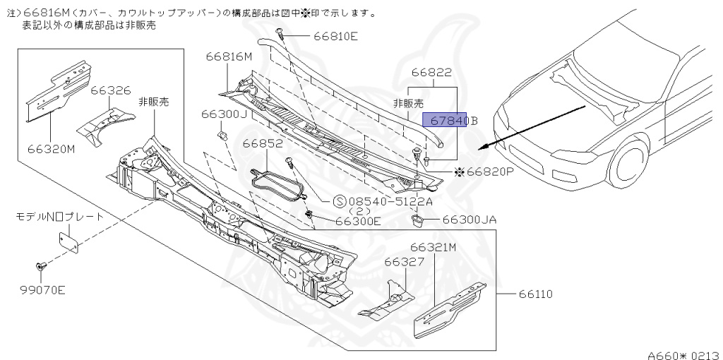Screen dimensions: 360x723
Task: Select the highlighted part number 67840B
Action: coord(450,120)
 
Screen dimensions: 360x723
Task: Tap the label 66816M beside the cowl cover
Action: coord(229,56)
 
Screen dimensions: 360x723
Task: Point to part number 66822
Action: coord(431,73)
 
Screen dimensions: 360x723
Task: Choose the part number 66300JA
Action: coord(470,220)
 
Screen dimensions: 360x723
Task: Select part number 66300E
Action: coord(358,220)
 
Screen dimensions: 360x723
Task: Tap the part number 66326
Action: coord(110,90)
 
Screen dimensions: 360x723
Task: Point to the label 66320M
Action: coord(52,149)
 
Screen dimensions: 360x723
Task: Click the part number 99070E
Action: coord(42,289)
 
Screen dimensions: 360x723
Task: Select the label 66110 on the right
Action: coord(536,294)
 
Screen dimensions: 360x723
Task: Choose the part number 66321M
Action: coord(433,247)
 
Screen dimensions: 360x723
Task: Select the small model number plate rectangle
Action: coord(68,241)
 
